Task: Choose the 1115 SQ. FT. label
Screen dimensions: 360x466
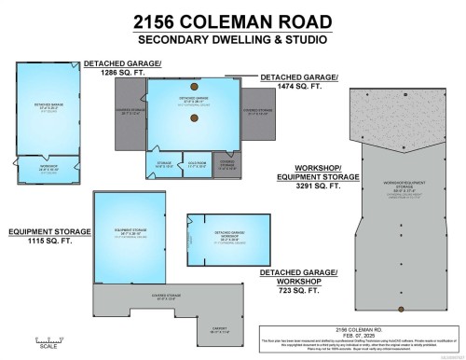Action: click(x=48, y=241)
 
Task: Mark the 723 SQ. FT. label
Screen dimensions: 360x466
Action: click(x=295, y=284)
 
